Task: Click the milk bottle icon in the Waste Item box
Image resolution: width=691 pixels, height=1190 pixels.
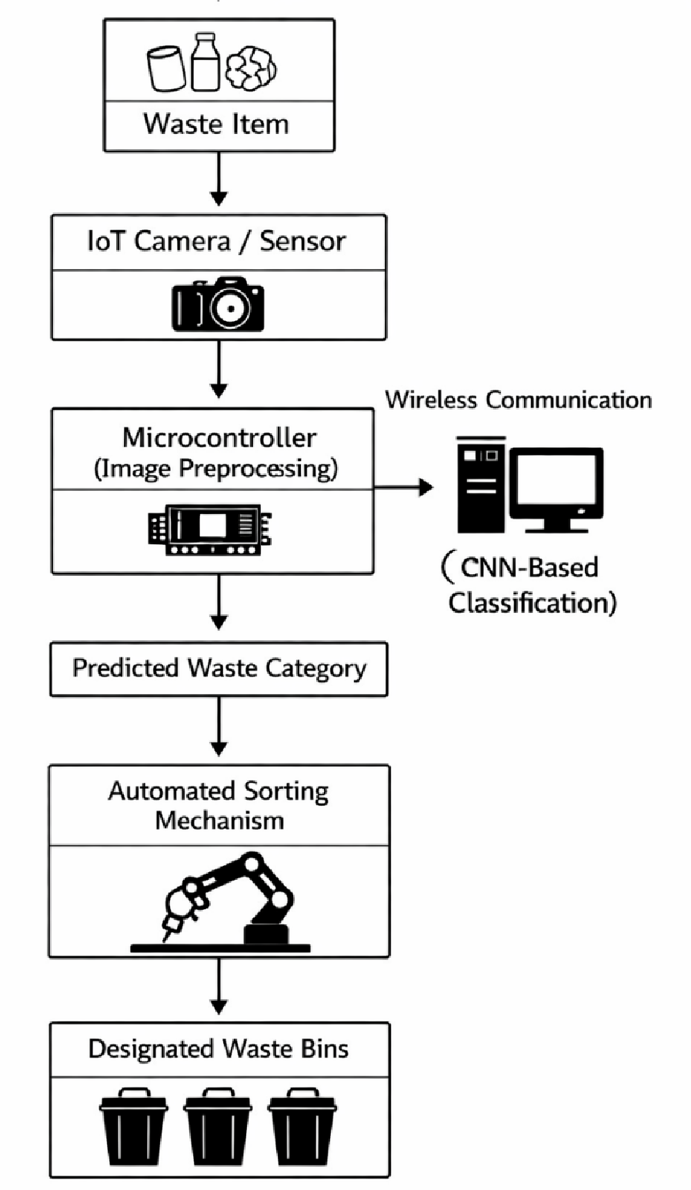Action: pos(205,62)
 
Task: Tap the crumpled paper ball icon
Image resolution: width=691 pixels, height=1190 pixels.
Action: pos(251,68)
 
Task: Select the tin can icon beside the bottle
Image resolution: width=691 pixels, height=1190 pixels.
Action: pos(166,69)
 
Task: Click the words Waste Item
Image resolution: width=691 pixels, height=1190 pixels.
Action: pos(216,125)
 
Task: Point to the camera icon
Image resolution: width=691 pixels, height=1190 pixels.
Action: pos(218,304)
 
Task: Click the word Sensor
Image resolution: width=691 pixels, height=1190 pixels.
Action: pos(302,242)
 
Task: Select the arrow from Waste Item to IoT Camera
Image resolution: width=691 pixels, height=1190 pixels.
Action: pos(219,179)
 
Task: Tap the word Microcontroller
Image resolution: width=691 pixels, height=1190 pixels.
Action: pos(219,438)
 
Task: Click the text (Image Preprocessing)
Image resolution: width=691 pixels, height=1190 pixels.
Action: pos(215,469)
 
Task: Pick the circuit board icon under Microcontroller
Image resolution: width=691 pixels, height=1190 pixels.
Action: pos(210,530)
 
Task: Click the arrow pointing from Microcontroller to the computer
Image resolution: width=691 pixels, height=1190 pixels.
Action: pos(404,487)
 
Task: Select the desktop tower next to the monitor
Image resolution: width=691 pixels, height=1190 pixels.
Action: pos(481,484)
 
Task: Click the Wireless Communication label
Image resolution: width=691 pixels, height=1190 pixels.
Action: pos(519,400)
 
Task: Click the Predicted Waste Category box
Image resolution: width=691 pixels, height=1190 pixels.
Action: pos(219,670)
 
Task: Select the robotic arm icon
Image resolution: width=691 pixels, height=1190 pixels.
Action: pos(220,903)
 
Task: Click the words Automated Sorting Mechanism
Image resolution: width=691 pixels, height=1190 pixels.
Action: pos(219,806)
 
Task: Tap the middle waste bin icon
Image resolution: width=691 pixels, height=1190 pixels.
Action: pos(218,1125)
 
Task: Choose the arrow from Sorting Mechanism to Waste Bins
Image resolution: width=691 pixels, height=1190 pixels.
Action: pos(219,987)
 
